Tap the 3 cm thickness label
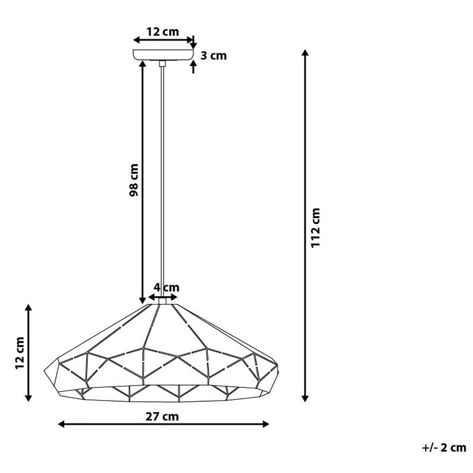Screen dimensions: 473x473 click(x=213, y=56)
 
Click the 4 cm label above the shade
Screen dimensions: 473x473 click(x=166, y=287)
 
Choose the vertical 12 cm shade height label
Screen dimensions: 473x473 click(x=19, y=353)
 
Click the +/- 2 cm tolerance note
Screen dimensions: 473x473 click(x=444, y=447)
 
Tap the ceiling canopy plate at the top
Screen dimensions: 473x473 click(x=163, y=54)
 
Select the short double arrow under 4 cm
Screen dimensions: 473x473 click(x=163, y=297)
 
